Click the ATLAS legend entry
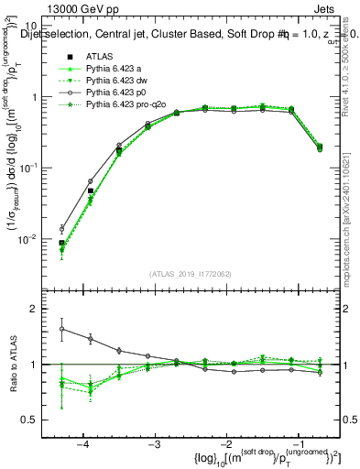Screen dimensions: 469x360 99,56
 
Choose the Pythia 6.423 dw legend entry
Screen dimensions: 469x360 117,81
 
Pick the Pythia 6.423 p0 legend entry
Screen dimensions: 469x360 117,93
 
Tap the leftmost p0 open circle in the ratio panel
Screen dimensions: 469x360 61,329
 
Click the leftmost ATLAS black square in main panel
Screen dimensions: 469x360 61,244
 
